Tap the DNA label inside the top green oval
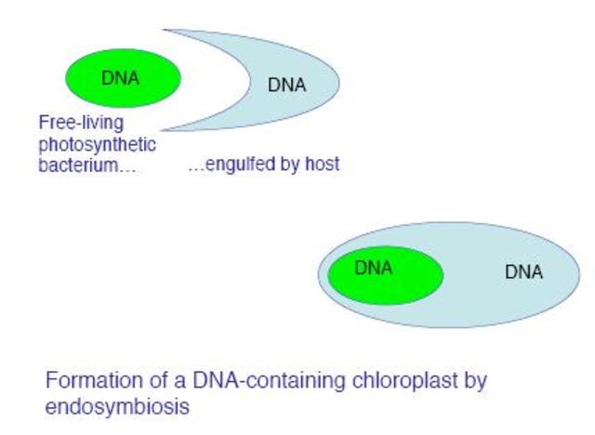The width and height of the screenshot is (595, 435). [120, 78]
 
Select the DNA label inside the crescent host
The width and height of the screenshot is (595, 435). [286, 85]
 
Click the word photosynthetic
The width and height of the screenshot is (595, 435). [97, 145]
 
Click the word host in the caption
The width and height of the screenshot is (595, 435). [322, 165]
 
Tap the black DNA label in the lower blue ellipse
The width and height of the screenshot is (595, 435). [523, 272]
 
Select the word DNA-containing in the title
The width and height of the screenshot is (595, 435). [251, 381]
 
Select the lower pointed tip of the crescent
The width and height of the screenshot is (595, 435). [164, 129]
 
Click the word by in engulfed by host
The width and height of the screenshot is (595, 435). [290, 166]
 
